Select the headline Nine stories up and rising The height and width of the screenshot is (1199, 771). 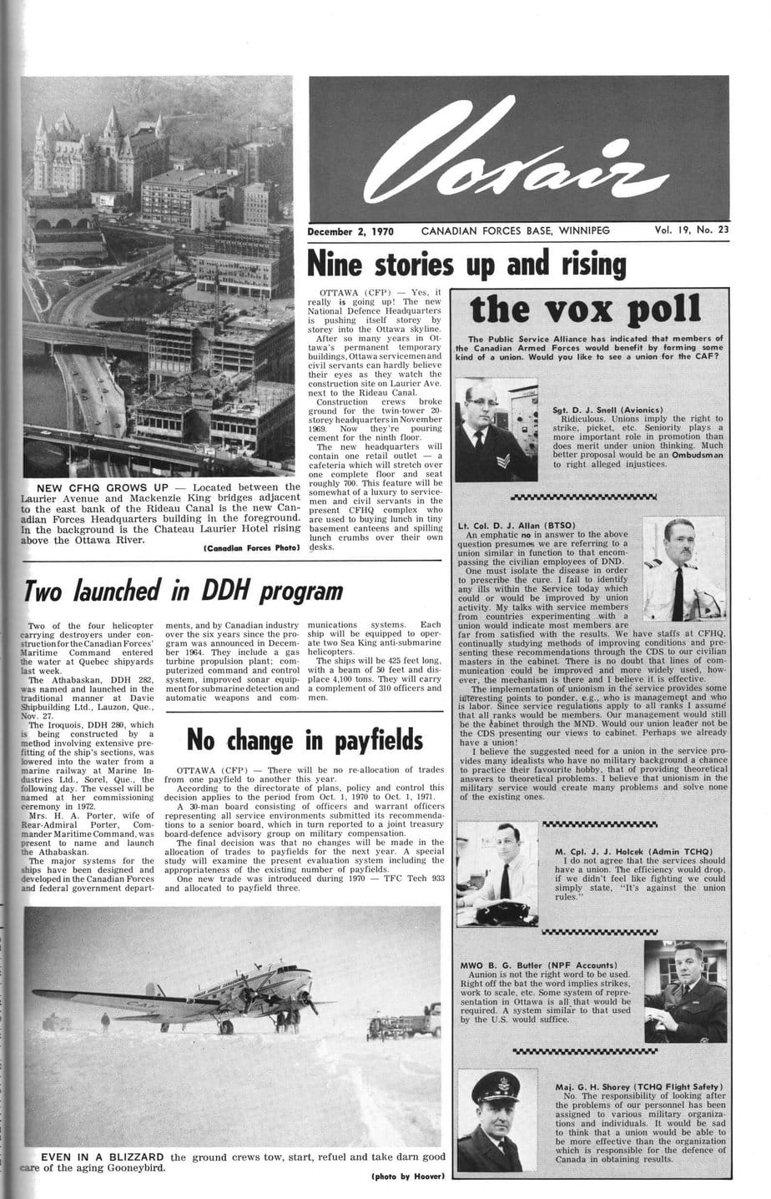point(466,264)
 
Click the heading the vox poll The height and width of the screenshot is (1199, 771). point(585,309)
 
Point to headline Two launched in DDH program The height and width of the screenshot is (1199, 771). point(184,591)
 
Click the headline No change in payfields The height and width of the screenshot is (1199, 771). point(305,739)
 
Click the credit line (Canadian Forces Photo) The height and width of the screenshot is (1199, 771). point(251,548)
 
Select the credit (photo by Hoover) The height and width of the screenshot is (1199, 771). point(407,1176)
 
